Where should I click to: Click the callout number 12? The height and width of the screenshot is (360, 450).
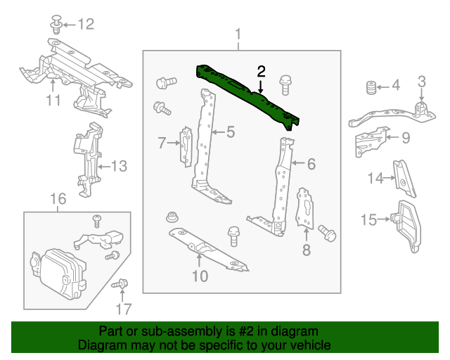[84, 25]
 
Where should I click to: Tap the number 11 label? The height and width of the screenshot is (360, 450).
[54, 101]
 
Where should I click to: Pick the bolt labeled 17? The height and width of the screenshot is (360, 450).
[119, 285]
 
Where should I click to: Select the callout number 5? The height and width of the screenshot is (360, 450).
[230, 131]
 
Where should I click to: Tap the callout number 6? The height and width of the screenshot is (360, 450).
[311, 165]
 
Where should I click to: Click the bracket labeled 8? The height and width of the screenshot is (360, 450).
[306, 207]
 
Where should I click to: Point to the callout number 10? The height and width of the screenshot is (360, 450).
[200, 276]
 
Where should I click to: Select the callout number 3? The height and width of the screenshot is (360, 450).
[421, 81]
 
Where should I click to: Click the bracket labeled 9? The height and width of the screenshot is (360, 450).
[368, 140]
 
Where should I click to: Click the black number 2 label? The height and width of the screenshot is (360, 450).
[261, 71]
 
